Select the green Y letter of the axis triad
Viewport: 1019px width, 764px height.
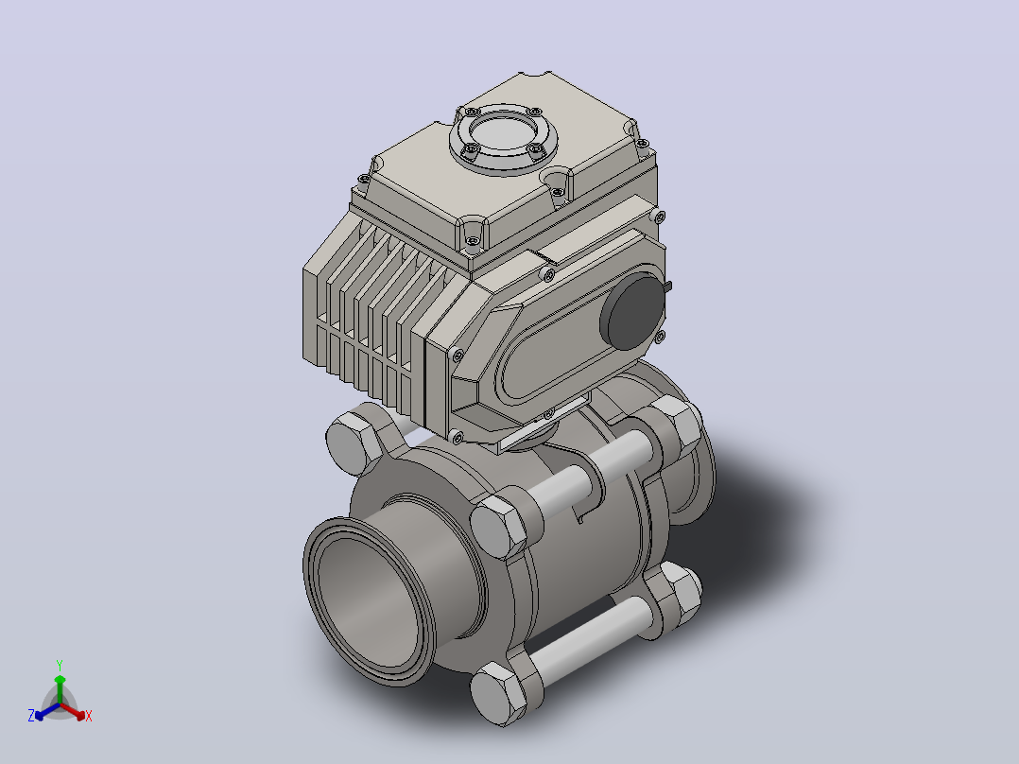point(60,666)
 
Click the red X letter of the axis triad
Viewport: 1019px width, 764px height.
point(89,716)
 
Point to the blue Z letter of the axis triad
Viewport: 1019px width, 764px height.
point(31,716)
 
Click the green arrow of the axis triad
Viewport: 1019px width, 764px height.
point(60,689)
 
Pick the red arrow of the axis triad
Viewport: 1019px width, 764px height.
point(73,711)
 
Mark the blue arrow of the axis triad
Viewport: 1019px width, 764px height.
point(47,711)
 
